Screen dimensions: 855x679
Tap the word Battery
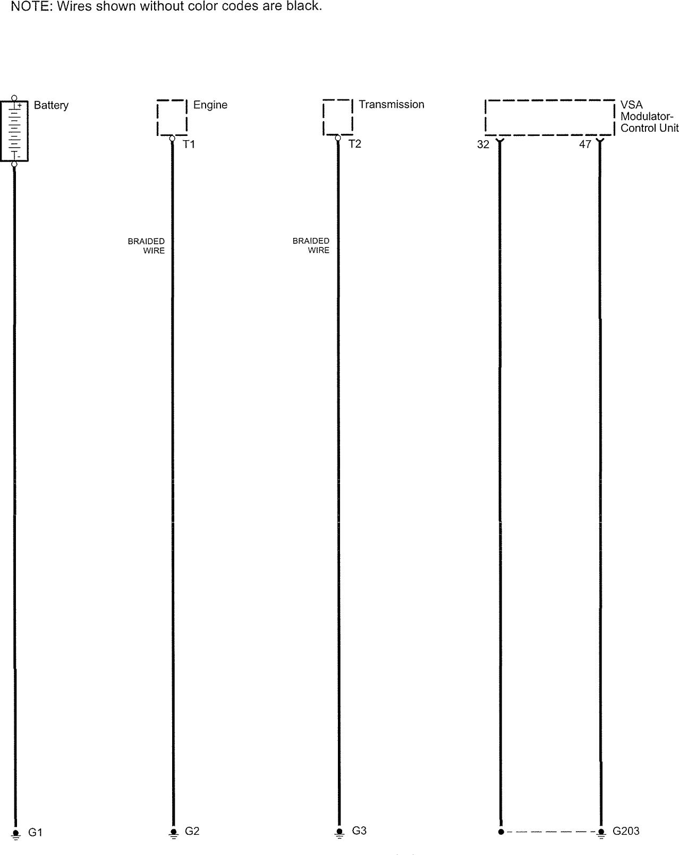click(51, 105)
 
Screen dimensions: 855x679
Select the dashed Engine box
click(172, 117)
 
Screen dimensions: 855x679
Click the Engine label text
click(210, 105)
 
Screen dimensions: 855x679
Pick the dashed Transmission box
click(337, 117)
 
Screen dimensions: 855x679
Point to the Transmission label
click(391, 105)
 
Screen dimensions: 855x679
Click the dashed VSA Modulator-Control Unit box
click(550, 117)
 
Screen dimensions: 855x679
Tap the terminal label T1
click(189, 144)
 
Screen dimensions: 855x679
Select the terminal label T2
click(354, 144)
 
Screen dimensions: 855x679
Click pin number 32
click(482, 144)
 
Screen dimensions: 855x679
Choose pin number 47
click(584, 144)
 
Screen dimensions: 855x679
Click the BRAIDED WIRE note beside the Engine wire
click(147, 246)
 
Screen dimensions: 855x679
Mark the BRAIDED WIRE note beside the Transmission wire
click(311, 245)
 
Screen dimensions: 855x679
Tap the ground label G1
click(35, 833)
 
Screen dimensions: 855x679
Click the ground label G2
click(192, 831)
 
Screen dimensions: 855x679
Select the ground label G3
click(359, 831)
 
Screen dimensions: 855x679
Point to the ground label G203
click(626, 831)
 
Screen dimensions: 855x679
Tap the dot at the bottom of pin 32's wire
click(500, 832)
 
